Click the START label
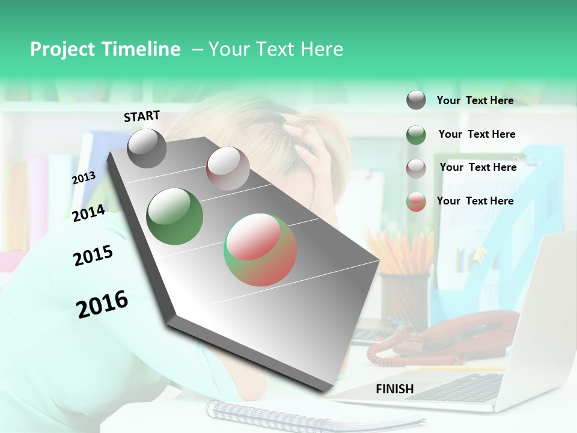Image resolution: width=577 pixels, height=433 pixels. [142, 116]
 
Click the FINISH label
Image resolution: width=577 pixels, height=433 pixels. [394, 389]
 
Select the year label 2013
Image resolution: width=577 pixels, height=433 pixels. [84, 178]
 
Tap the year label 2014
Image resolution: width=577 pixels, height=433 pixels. [88, 213]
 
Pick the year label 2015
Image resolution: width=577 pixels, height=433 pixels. [93, 255]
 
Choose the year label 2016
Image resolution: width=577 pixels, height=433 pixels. [102, 304]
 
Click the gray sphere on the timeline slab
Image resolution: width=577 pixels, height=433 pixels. [147, 149]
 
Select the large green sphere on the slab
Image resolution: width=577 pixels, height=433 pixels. [174, 216]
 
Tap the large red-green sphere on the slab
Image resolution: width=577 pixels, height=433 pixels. [260, 250]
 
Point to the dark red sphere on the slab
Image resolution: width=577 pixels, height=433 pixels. [228, 168]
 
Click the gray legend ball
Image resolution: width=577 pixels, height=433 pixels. [416, 100]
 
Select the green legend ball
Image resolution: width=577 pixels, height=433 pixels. [416, 135]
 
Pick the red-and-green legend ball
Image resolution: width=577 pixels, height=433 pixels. [416, 201]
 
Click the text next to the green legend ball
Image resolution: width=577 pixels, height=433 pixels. [477, 134]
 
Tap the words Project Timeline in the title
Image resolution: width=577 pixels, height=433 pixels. [105, 49]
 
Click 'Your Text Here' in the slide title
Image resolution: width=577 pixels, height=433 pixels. [276, 49]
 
